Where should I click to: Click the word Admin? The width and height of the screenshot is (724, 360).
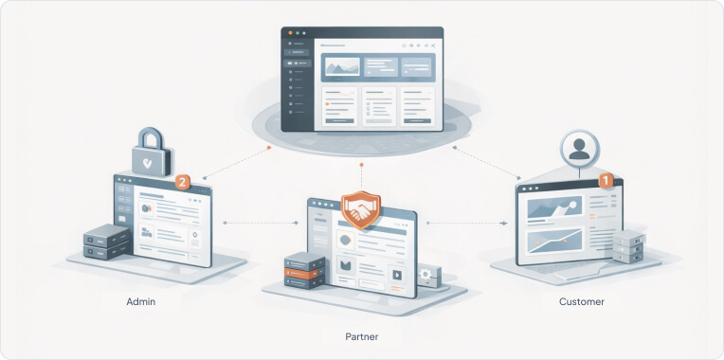[140, 301]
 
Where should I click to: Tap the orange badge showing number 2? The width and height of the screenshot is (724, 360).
[185, 181]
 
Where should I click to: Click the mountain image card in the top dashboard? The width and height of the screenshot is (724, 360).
[342, 66]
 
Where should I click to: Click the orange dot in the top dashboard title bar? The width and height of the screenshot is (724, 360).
[291, 33]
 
